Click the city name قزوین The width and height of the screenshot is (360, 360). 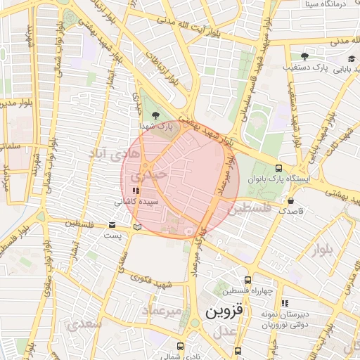[x=222, y=311]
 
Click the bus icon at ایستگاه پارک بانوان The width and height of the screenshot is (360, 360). [x=279, y=169]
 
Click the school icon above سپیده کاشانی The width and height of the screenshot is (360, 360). [x=135, y=191]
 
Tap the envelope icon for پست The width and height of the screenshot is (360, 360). [x=112, y=225]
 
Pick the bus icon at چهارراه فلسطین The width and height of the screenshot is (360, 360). [x=246, y=280]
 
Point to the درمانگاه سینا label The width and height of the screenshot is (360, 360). [x=328, y=4]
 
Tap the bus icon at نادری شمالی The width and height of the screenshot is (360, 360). [x=181, y=346]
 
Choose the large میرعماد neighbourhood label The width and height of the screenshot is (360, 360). [x=162, y=310]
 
